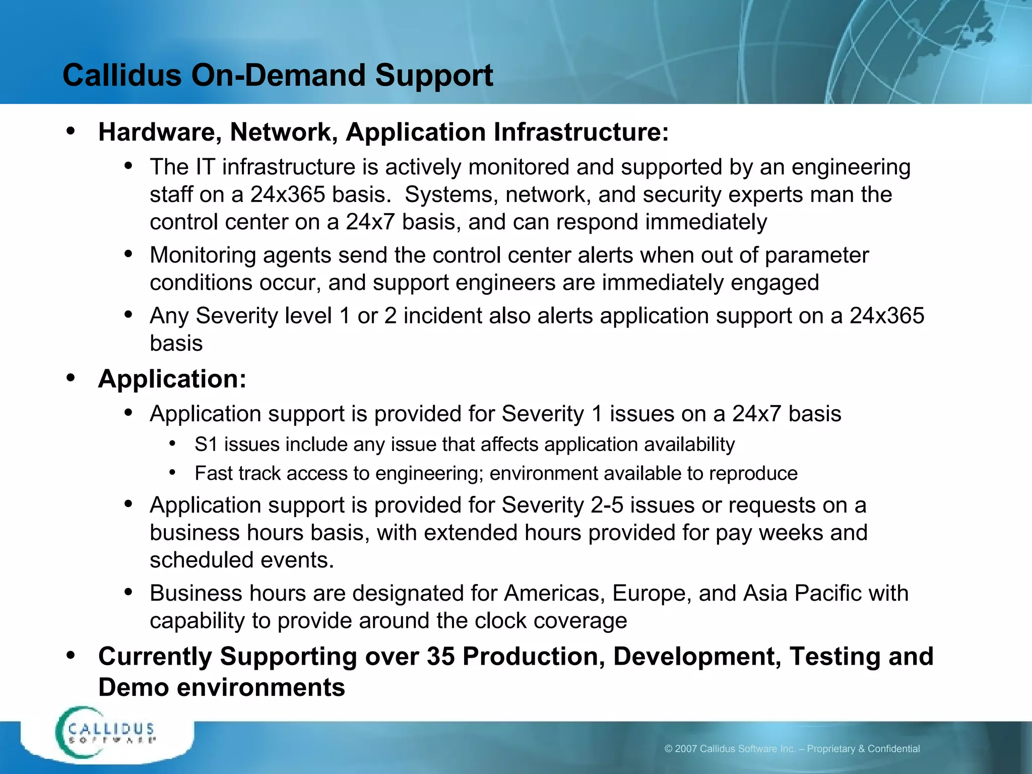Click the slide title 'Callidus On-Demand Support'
278,76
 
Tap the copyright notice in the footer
792,749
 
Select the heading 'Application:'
172,379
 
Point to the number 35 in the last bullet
440,657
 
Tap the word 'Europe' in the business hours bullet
650,594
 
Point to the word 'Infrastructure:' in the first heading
581,133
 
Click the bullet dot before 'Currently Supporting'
71,655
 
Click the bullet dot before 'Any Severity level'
128,315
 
